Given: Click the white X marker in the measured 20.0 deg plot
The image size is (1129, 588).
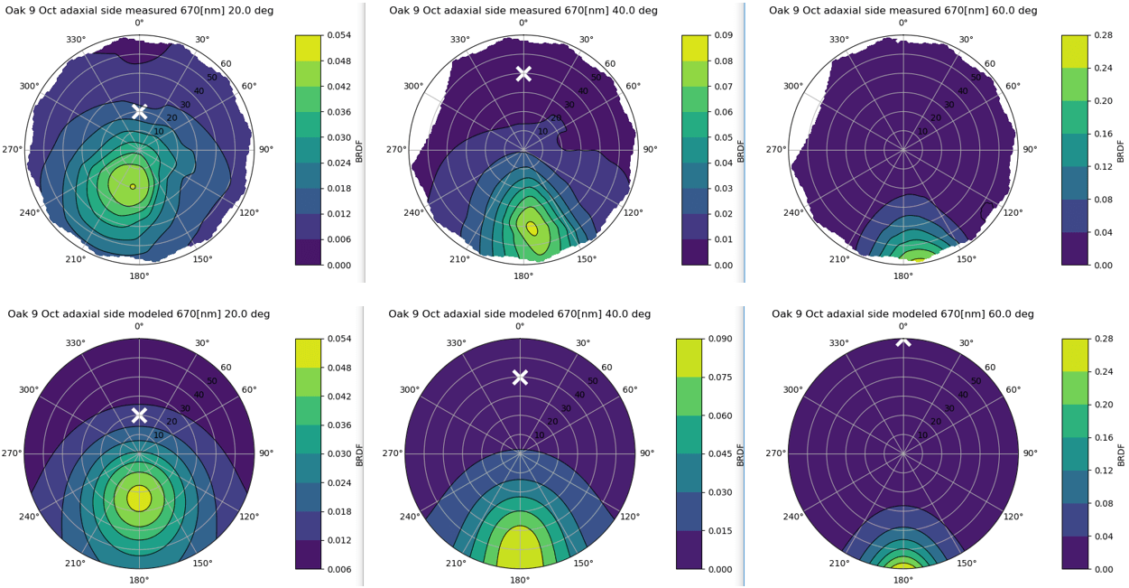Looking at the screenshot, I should (139, 111).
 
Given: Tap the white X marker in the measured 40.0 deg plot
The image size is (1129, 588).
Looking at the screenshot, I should (523, 73).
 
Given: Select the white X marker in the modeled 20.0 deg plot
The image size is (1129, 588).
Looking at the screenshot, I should (139, 415).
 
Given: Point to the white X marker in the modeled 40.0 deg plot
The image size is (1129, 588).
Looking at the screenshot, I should (520, 377).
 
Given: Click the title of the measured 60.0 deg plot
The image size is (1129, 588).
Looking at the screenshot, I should (903, 10).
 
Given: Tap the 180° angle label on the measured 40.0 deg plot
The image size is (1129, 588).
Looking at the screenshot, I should (523, 275).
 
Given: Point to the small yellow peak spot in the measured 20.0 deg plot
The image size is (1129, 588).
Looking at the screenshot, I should (133, 187).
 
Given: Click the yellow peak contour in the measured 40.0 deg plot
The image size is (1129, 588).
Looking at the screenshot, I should (532, 229).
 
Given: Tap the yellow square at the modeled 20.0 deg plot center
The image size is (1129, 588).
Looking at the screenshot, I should (139, 498).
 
